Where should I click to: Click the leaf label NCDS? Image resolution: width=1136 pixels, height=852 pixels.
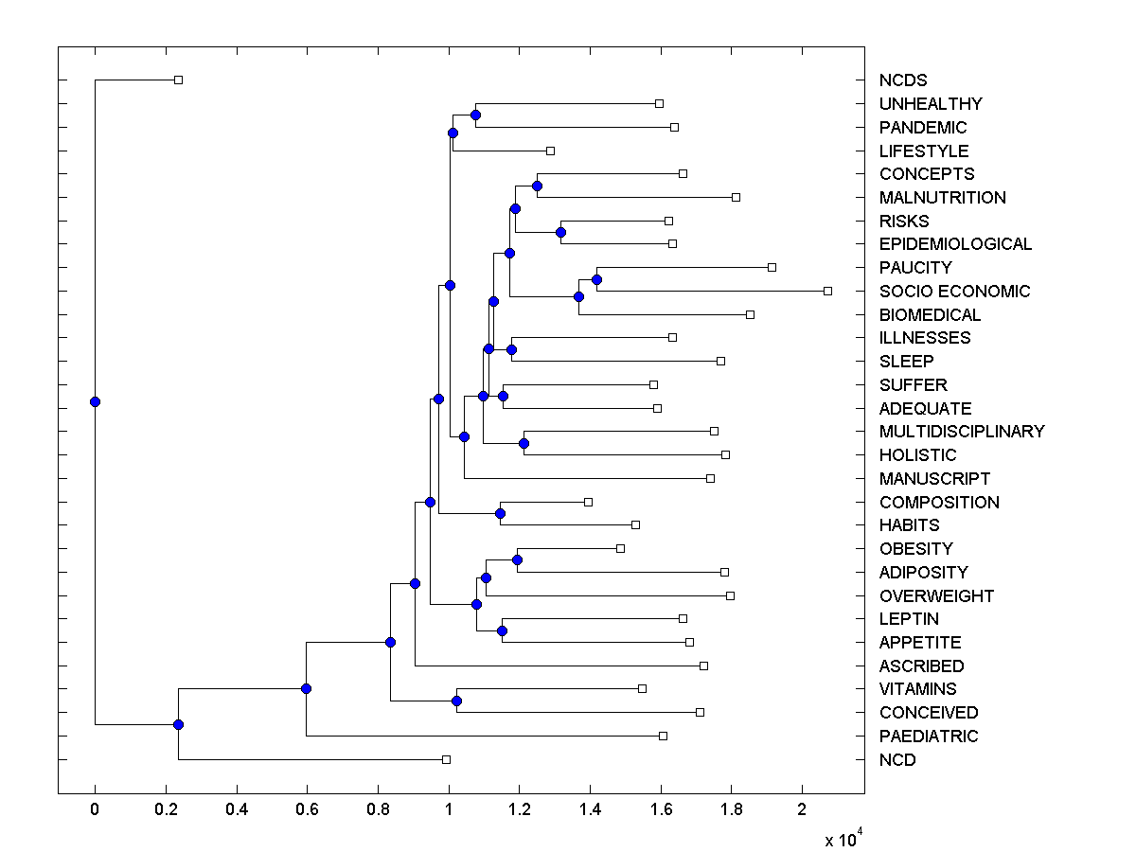coord(903,80)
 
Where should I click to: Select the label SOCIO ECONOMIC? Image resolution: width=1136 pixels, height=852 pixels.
coord(954,292)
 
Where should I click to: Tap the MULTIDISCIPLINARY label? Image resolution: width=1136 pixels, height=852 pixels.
coord(962,432)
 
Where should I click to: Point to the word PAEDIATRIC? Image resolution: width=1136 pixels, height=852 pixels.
coord(929,737)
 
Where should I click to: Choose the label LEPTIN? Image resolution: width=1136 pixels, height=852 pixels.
coord(909,619)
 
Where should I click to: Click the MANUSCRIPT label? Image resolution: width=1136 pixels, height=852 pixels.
coord(934,479)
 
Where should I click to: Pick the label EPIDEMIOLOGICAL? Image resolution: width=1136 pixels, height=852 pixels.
coord(955,244)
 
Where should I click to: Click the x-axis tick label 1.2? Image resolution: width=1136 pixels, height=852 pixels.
coord(520,810)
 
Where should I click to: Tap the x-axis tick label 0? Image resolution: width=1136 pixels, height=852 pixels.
coord(95,810)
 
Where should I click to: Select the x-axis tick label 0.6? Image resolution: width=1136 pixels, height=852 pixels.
coord(307,810)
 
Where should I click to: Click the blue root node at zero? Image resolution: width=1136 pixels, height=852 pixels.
coord(95,401)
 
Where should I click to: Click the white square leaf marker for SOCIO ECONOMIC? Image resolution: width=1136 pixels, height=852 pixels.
coord(827,291)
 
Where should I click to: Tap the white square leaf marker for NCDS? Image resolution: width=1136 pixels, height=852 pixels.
coord(178,80)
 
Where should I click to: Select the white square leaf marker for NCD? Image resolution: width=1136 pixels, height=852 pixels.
coord(446,759)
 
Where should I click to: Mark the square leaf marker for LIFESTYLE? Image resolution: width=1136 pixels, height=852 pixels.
coord(550,151)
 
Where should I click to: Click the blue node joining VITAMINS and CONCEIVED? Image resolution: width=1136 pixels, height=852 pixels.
coord(456,701)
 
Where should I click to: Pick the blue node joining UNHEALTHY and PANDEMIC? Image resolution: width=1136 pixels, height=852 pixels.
coord(475,115)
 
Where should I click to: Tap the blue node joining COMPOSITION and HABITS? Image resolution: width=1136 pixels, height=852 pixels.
coord(500,513)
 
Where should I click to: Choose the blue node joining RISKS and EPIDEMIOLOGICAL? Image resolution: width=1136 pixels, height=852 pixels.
coord(560,232)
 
